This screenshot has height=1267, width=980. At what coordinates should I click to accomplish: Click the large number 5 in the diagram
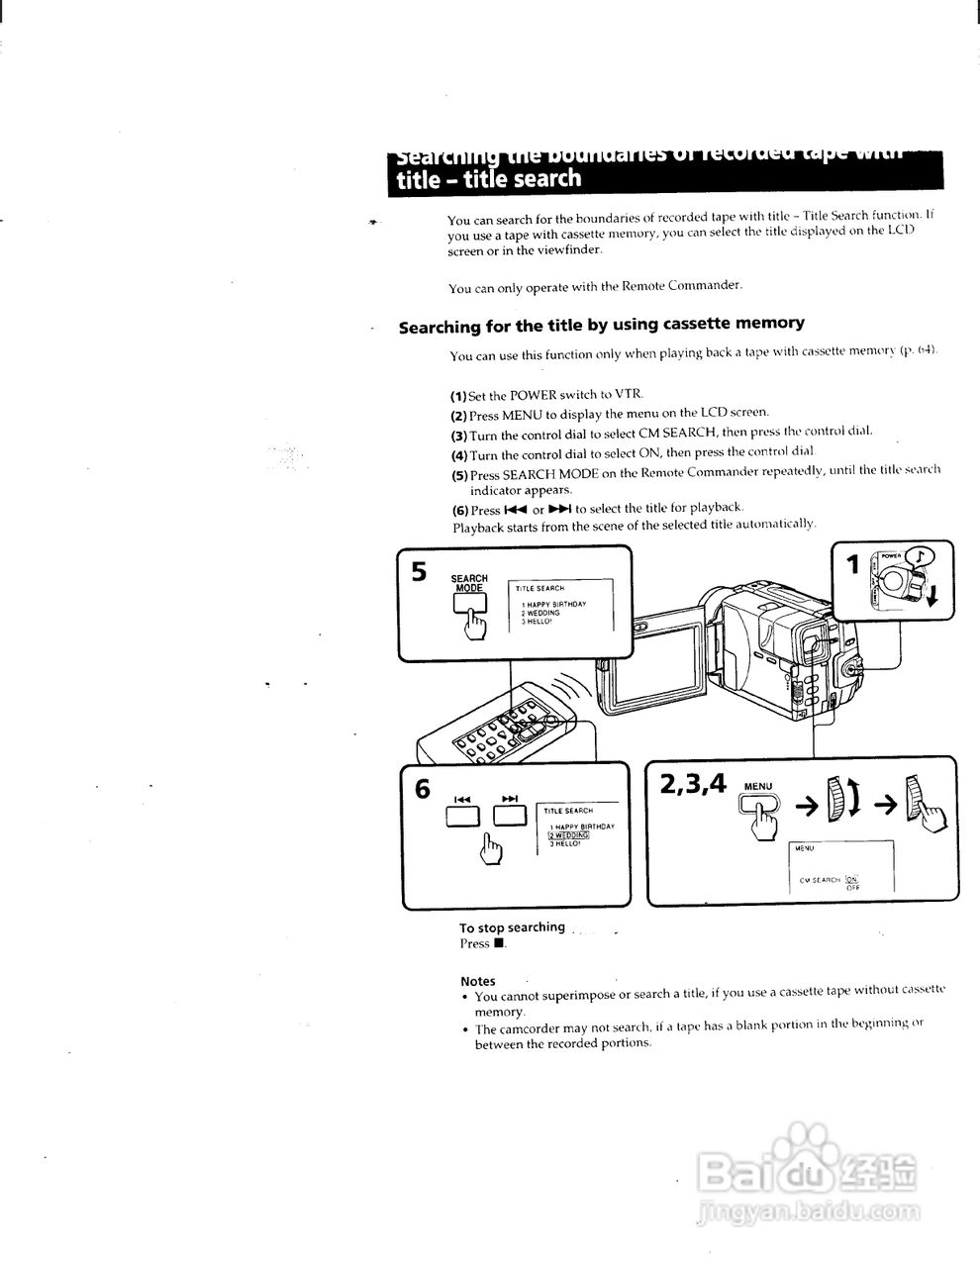419,572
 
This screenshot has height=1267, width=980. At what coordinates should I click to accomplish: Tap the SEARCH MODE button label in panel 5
469,583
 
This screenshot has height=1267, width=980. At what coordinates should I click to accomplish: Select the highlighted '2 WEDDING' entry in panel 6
568,834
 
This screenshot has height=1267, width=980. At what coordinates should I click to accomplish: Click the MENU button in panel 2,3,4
758,807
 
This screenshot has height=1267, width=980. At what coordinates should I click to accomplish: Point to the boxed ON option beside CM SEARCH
851,878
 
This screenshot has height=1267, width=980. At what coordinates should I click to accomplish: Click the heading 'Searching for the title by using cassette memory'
601,324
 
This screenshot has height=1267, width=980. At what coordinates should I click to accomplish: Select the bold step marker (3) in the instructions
458,436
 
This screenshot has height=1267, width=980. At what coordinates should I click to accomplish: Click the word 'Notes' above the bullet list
477,981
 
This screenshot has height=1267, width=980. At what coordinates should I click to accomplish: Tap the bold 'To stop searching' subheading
512,927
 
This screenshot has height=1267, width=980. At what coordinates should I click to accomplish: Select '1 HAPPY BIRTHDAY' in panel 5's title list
554,604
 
